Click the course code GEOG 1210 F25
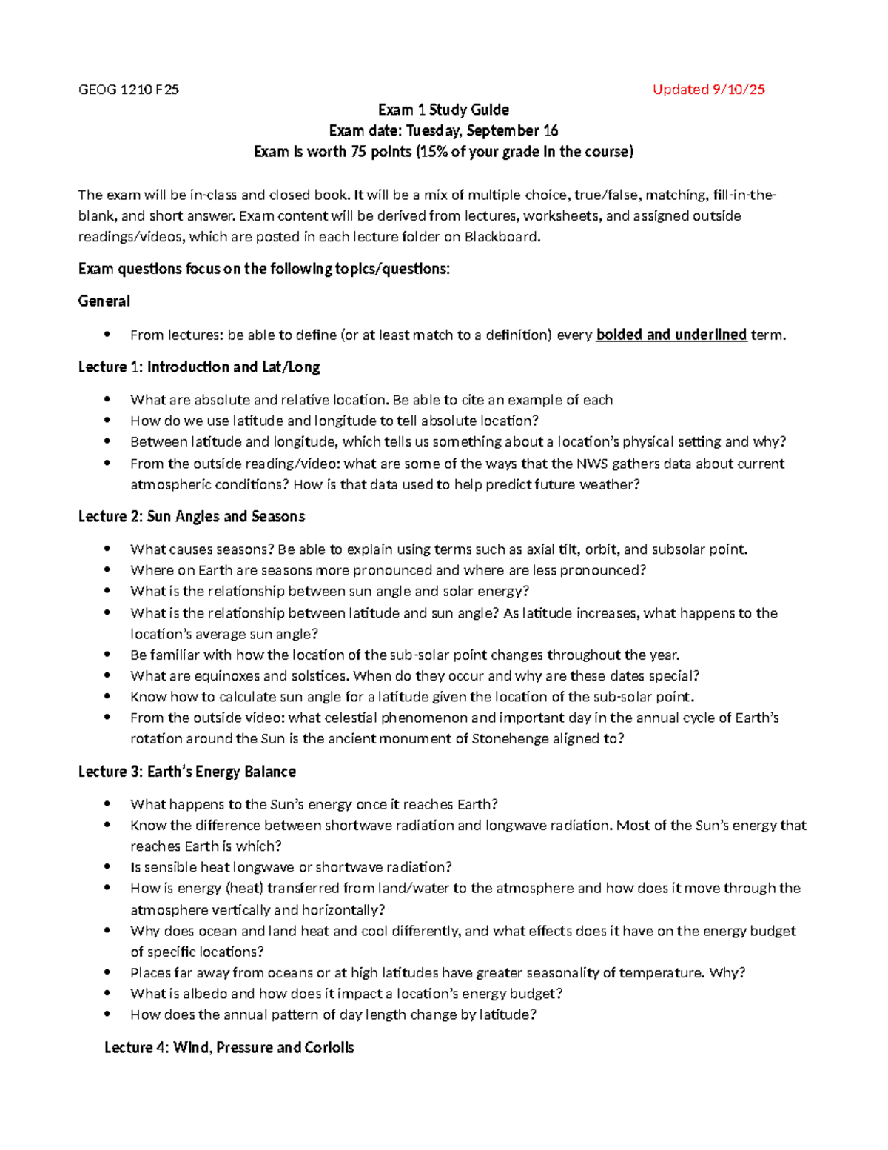pyautogui.click(x=128, y=90)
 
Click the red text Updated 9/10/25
pyautogui.click(x=708, y=90)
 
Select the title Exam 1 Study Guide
pyautogui.click(x=443, y=110)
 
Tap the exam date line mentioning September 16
pyautogui.click(x=443, y=131)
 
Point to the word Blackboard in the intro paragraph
pyautogui.click(x=502, y=237)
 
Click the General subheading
pyautogui.click(x=104, y=301)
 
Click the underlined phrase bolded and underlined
pyautogui.click(x=671, y=335)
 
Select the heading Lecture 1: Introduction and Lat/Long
pyautogui.click(x=199, y=367)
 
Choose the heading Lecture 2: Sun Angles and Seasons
pyautogui.click(x=192, y=517)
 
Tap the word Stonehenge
pyautogui.click(x=510, y=738)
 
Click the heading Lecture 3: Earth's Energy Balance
pyautogui.click(x=186, y=772)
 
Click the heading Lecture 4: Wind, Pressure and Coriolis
pyautogui.click(x=229, y=1048)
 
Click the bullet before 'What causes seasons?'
pyautogui.click(x=108, y=549)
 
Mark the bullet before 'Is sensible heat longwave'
pyautogui.click(x=108, y=867)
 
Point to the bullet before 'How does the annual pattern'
pyautogui.click(x=108, y=1014)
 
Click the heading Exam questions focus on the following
pyautogui.click(x=263, y=269)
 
